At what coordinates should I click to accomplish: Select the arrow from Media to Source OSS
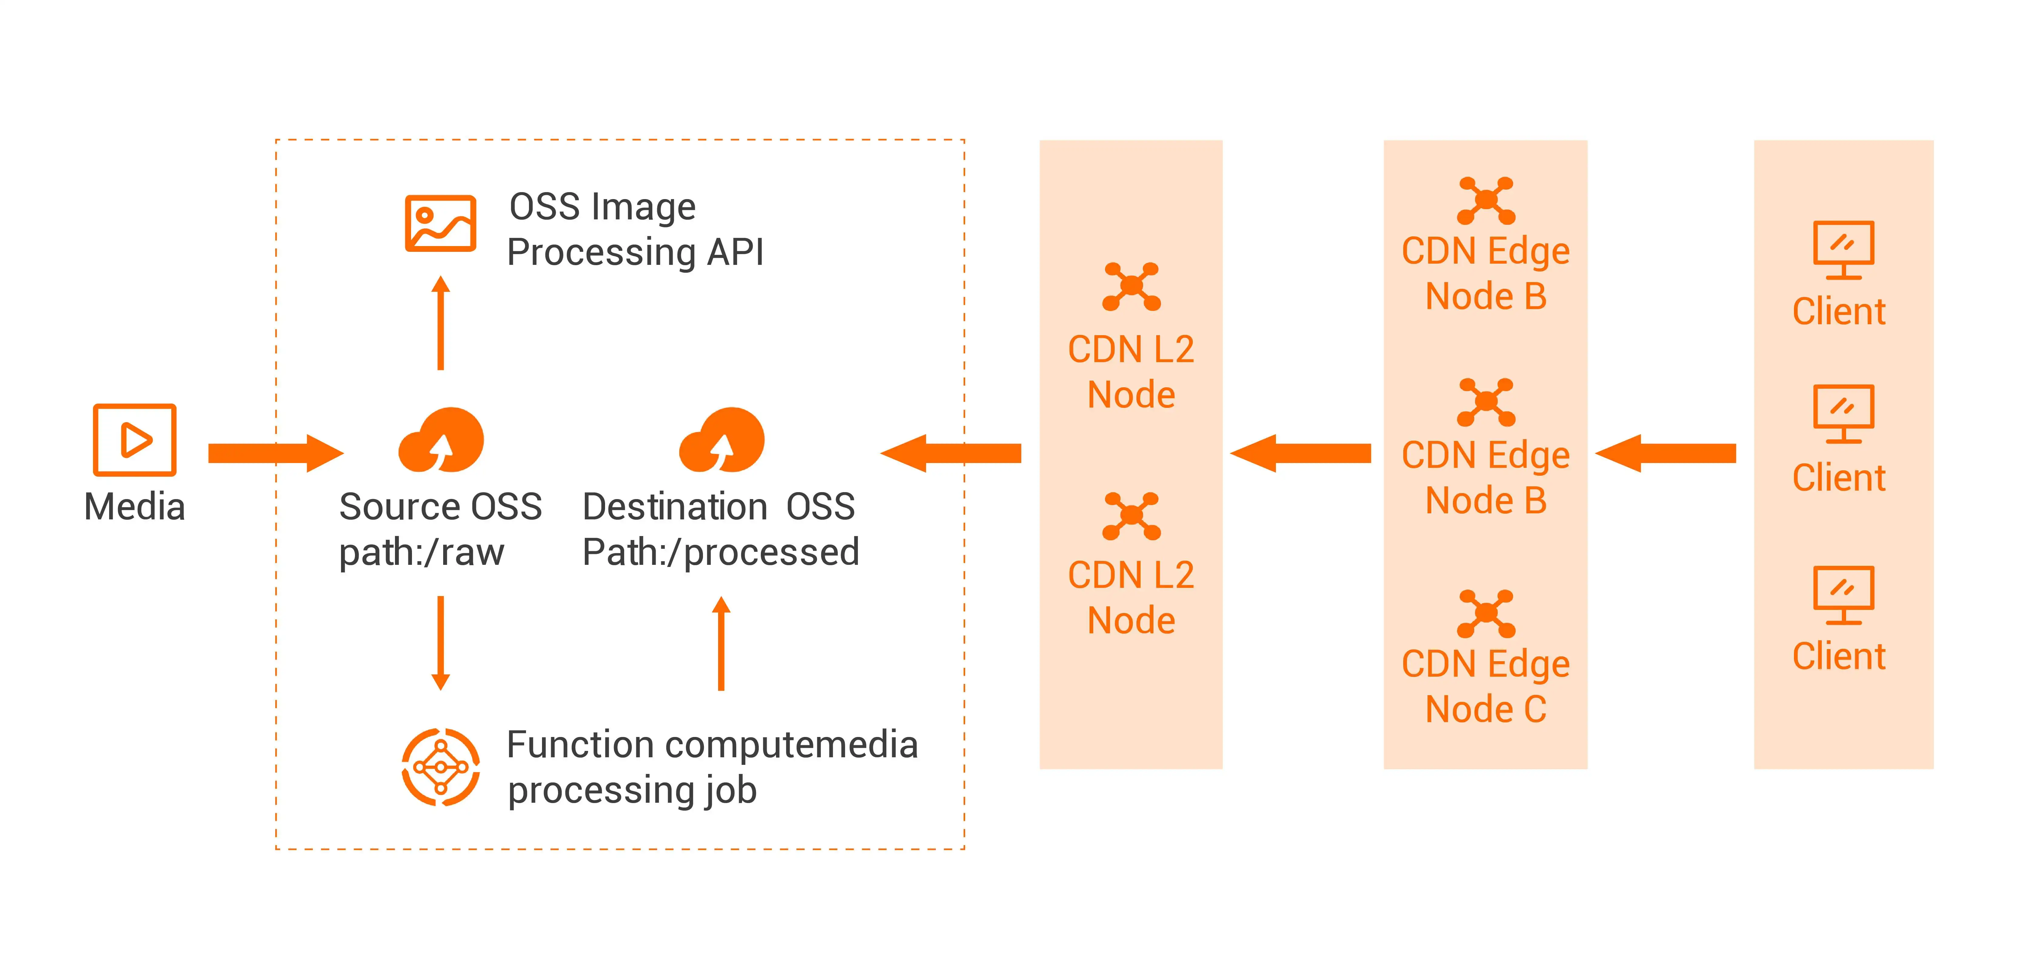coord(275,453)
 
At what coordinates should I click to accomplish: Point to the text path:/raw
coord(421,552)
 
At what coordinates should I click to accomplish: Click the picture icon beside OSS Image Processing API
coord(440,224)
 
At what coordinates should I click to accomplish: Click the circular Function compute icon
coord(441,767)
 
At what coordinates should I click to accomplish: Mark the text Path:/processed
coord(720,552)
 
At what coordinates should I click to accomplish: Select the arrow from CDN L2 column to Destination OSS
coord(951,453)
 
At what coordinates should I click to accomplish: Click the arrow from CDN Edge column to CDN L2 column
coord(1300,453)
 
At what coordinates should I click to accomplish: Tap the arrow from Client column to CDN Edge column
coord(1666,453)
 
